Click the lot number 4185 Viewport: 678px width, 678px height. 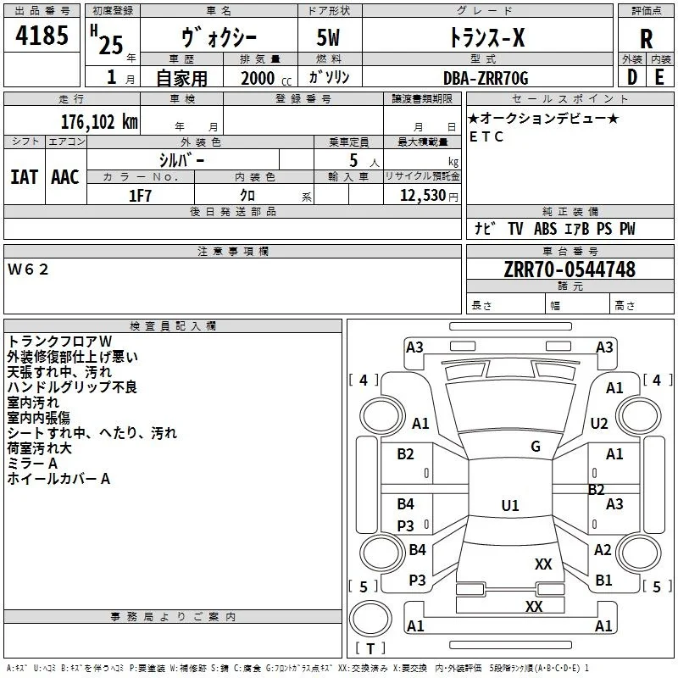42,35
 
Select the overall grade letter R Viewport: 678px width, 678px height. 646,39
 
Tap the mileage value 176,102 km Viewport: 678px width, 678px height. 99,122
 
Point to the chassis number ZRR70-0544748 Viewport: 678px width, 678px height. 570,269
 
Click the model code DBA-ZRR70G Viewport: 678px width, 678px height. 486,78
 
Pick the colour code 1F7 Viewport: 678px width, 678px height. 140,196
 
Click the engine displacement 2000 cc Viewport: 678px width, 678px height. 266,78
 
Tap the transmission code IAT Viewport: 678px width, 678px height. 25,177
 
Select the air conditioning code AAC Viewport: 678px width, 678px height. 65,177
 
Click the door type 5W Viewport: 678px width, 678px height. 328,37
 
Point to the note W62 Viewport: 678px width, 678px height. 28,270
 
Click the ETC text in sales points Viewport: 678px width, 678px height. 486,136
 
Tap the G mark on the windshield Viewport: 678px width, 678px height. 536,447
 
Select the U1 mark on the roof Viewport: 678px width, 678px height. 510,505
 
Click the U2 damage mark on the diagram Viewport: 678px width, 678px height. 599,424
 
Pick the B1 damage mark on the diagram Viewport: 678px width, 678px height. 603,580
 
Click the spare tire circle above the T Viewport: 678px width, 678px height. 370,618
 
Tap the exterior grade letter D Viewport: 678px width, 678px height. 632,77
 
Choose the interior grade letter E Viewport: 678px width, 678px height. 659,77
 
